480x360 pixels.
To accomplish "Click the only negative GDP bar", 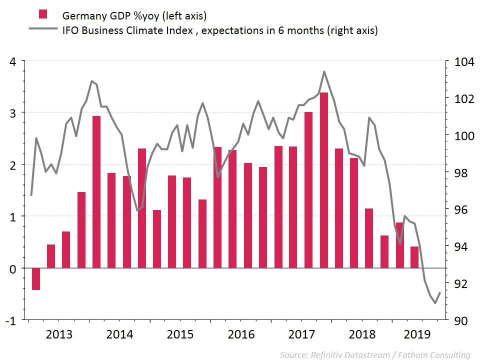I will pos(35,278).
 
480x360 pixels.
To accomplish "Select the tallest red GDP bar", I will pos(323,180).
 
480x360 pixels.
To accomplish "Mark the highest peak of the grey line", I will pos(324,71).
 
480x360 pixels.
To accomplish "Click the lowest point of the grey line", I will pos(435,303).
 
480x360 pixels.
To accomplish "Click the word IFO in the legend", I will pos(70,30).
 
